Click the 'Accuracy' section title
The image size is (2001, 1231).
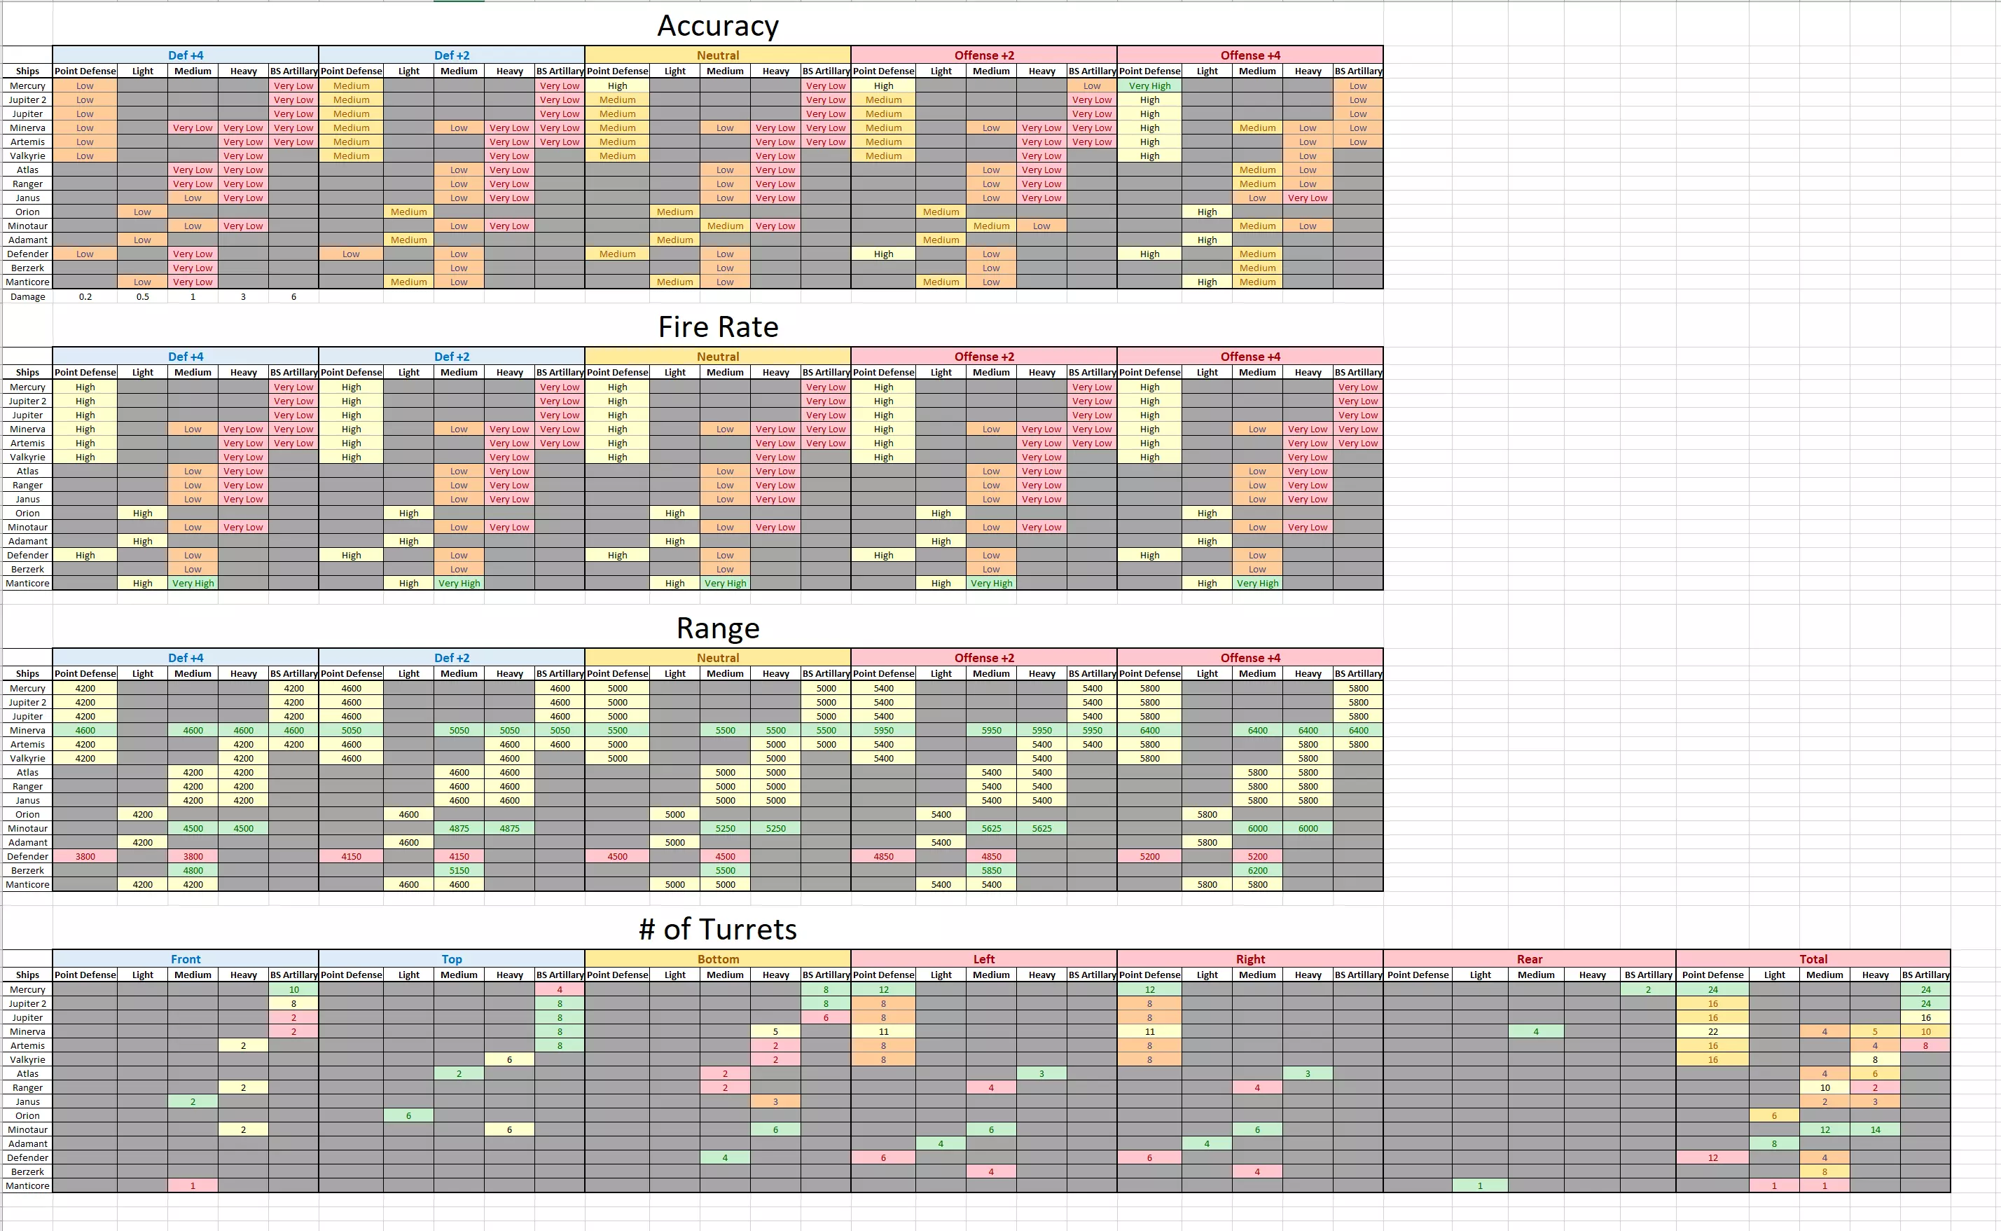click(718, 26)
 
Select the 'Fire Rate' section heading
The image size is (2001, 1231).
click(718, 327)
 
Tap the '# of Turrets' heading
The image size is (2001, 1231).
click(718, 929)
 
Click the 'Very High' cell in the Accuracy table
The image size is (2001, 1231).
click(1149, 85)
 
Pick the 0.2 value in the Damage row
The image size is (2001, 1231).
click(85, 297)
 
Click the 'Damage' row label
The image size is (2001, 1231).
click(28, 297)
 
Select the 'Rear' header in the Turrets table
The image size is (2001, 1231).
click(1529, 959)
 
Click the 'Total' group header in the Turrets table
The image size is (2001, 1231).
click(1813, 959)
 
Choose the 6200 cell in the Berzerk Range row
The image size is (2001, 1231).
click(1257, 870)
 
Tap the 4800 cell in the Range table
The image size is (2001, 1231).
click(193, 870)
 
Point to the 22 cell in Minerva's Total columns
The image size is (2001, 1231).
click(1712, 1031)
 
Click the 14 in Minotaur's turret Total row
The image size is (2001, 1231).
click(1875, 1130)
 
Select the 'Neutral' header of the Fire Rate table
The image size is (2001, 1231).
click(718, 357)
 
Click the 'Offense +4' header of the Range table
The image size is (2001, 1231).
click(1250, 658)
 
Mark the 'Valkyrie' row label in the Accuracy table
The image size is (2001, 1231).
click(28, 156)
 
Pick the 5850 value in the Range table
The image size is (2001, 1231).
click(991, 870)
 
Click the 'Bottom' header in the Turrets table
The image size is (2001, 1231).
click(718, 959)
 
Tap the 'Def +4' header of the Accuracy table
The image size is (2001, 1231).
click(186, 55)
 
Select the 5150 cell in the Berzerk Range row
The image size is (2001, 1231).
click(459, 870)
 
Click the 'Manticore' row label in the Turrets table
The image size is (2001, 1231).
click(28, 1186)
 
